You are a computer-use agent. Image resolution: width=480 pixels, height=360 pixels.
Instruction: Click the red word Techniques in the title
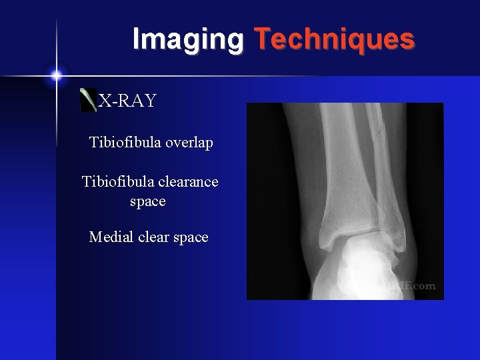(x=334, y=39)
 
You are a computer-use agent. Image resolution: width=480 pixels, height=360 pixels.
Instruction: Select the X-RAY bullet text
(x=127, y=101)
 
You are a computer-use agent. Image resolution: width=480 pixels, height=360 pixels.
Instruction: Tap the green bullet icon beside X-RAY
(x=87, y=100)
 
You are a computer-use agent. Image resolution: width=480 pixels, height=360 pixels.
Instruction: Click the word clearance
(x=187, y=181)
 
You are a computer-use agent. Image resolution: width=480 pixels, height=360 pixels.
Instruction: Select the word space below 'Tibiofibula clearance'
(x=147, y=201)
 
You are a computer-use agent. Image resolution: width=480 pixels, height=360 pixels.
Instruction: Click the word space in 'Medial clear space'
(x=191, y=237)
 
